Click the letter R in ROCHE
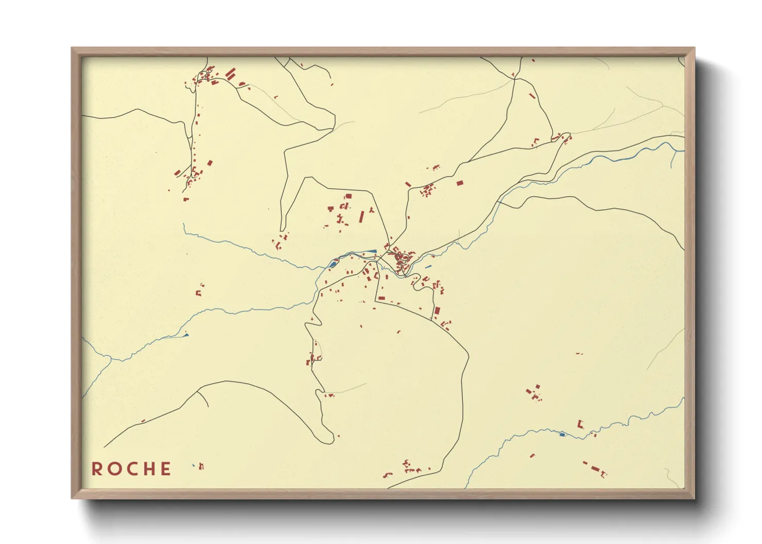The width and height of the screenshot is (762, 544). (96, 469)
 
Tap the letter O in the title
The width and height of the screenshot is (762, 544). (113, 469)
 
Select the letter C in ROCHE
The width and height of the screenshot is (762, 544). (131, 469)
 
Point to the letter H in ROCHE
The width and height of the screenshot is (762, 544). (149, 469)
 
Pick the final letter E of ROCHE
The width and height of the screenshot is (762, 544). (166, 469)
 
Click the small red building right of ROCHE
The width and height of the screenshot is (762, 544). (201, 466)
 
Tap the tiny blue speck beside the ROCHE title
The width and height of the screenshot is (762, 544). (193, 465)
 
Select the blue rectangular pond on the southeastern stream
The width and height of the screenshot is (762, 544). (562, 434)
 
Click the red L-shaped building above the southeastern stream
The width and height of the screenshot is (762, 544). (580, 424)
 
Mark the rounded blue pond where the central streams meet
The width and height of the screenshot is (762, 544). (332, 264)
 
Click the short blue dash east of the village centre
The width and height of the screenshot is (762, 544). (428, 266)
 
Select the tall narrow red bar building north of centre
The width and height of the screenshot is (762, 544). (361, 216)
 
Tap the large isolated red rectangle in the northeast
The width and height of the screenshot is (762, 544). (460, 183)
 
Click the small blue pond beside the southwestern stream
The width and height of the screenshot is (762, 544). (186, 335)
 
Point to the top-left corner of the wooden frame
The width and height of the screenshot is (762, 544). (72, 48)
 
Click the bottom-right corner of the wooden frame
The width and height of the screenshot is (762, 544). (694, 498)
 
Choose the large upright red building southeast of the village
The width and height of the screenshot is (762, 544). (437, 312)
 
